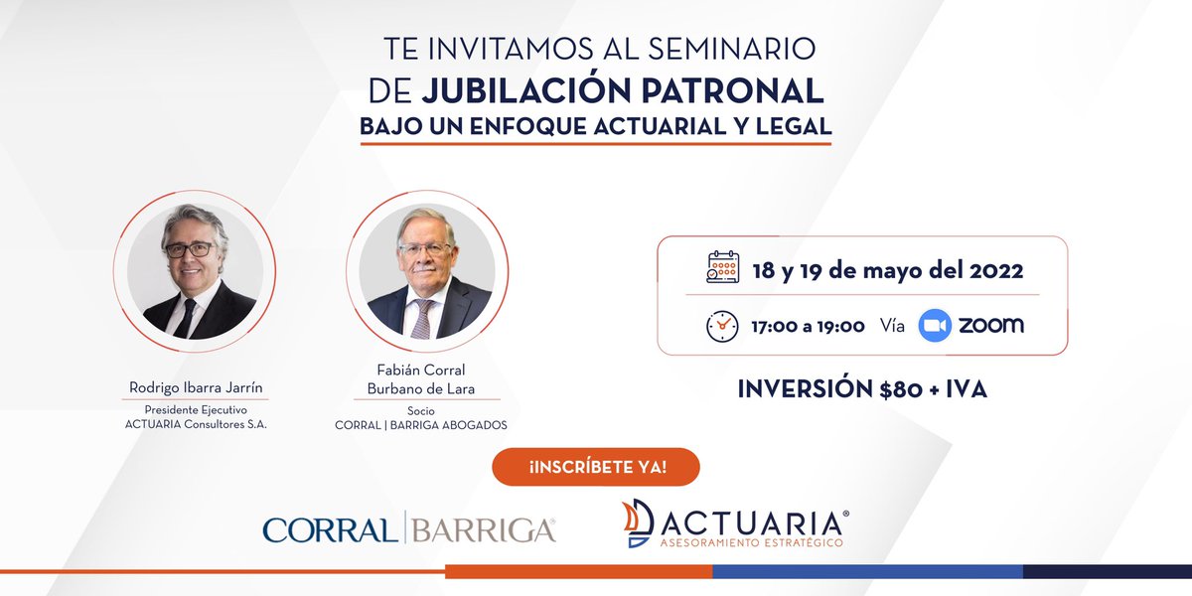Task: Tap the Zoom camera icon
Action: (x=935, y=326)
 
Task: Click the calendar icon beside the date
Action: (x=722, y=268)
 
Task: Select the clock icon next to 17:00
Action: (x=722, y=326)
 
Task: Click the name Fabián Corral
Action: (x=427, y=371)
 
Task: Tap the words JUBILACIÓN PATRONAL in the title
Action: (x=622, y=90)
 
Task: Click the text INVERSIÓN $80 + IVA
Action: (x=862, y=389)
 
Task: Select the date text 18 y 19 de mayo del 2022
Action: (x=887, y=269)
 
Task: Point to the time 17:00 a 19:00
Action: (x=808, y=326)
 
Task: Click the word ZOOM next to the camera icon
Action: (x=990, y=325)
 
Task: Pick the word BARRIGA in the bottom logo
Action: (x=483, y=528)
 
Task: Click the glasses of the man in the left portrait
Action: (x=190, y=249)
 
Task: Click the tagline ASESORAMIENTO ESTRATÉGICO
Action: (x=751, y=542)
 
